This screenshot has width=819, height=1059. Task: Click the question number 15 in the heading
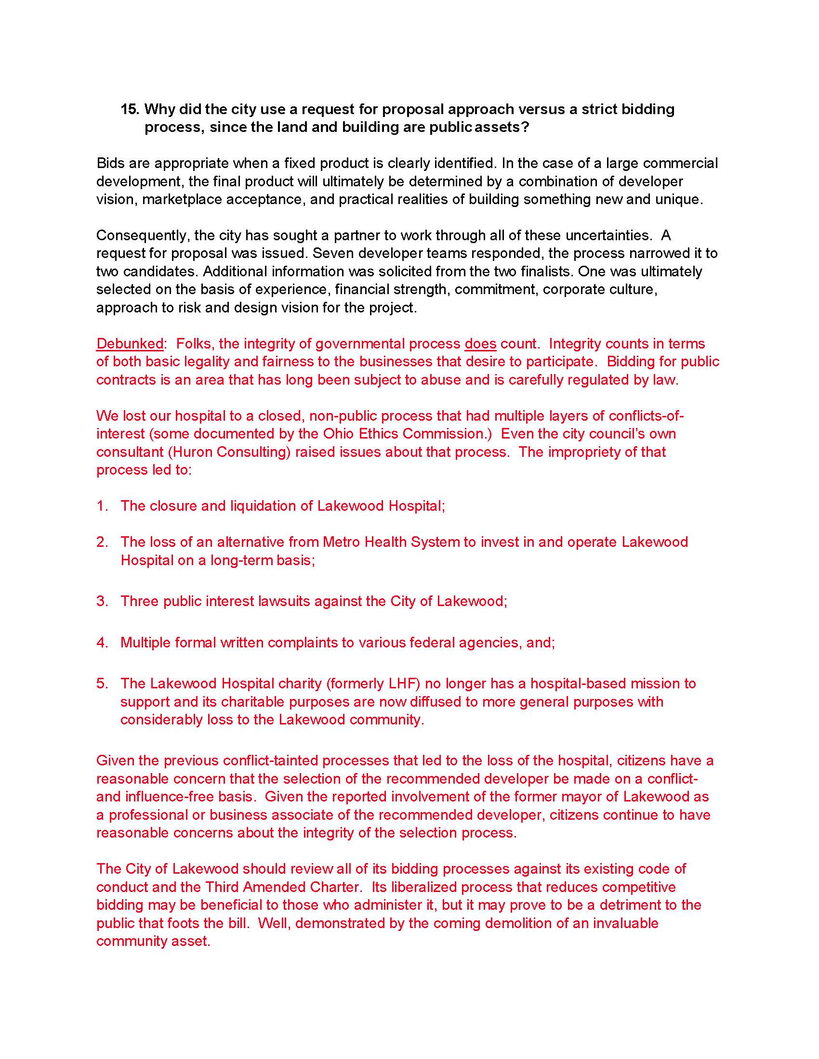(130, 110)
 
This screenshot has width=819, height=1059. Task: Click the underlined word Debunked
(130, 344)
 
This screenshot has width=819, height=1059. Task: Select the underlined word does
(480, 344)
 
